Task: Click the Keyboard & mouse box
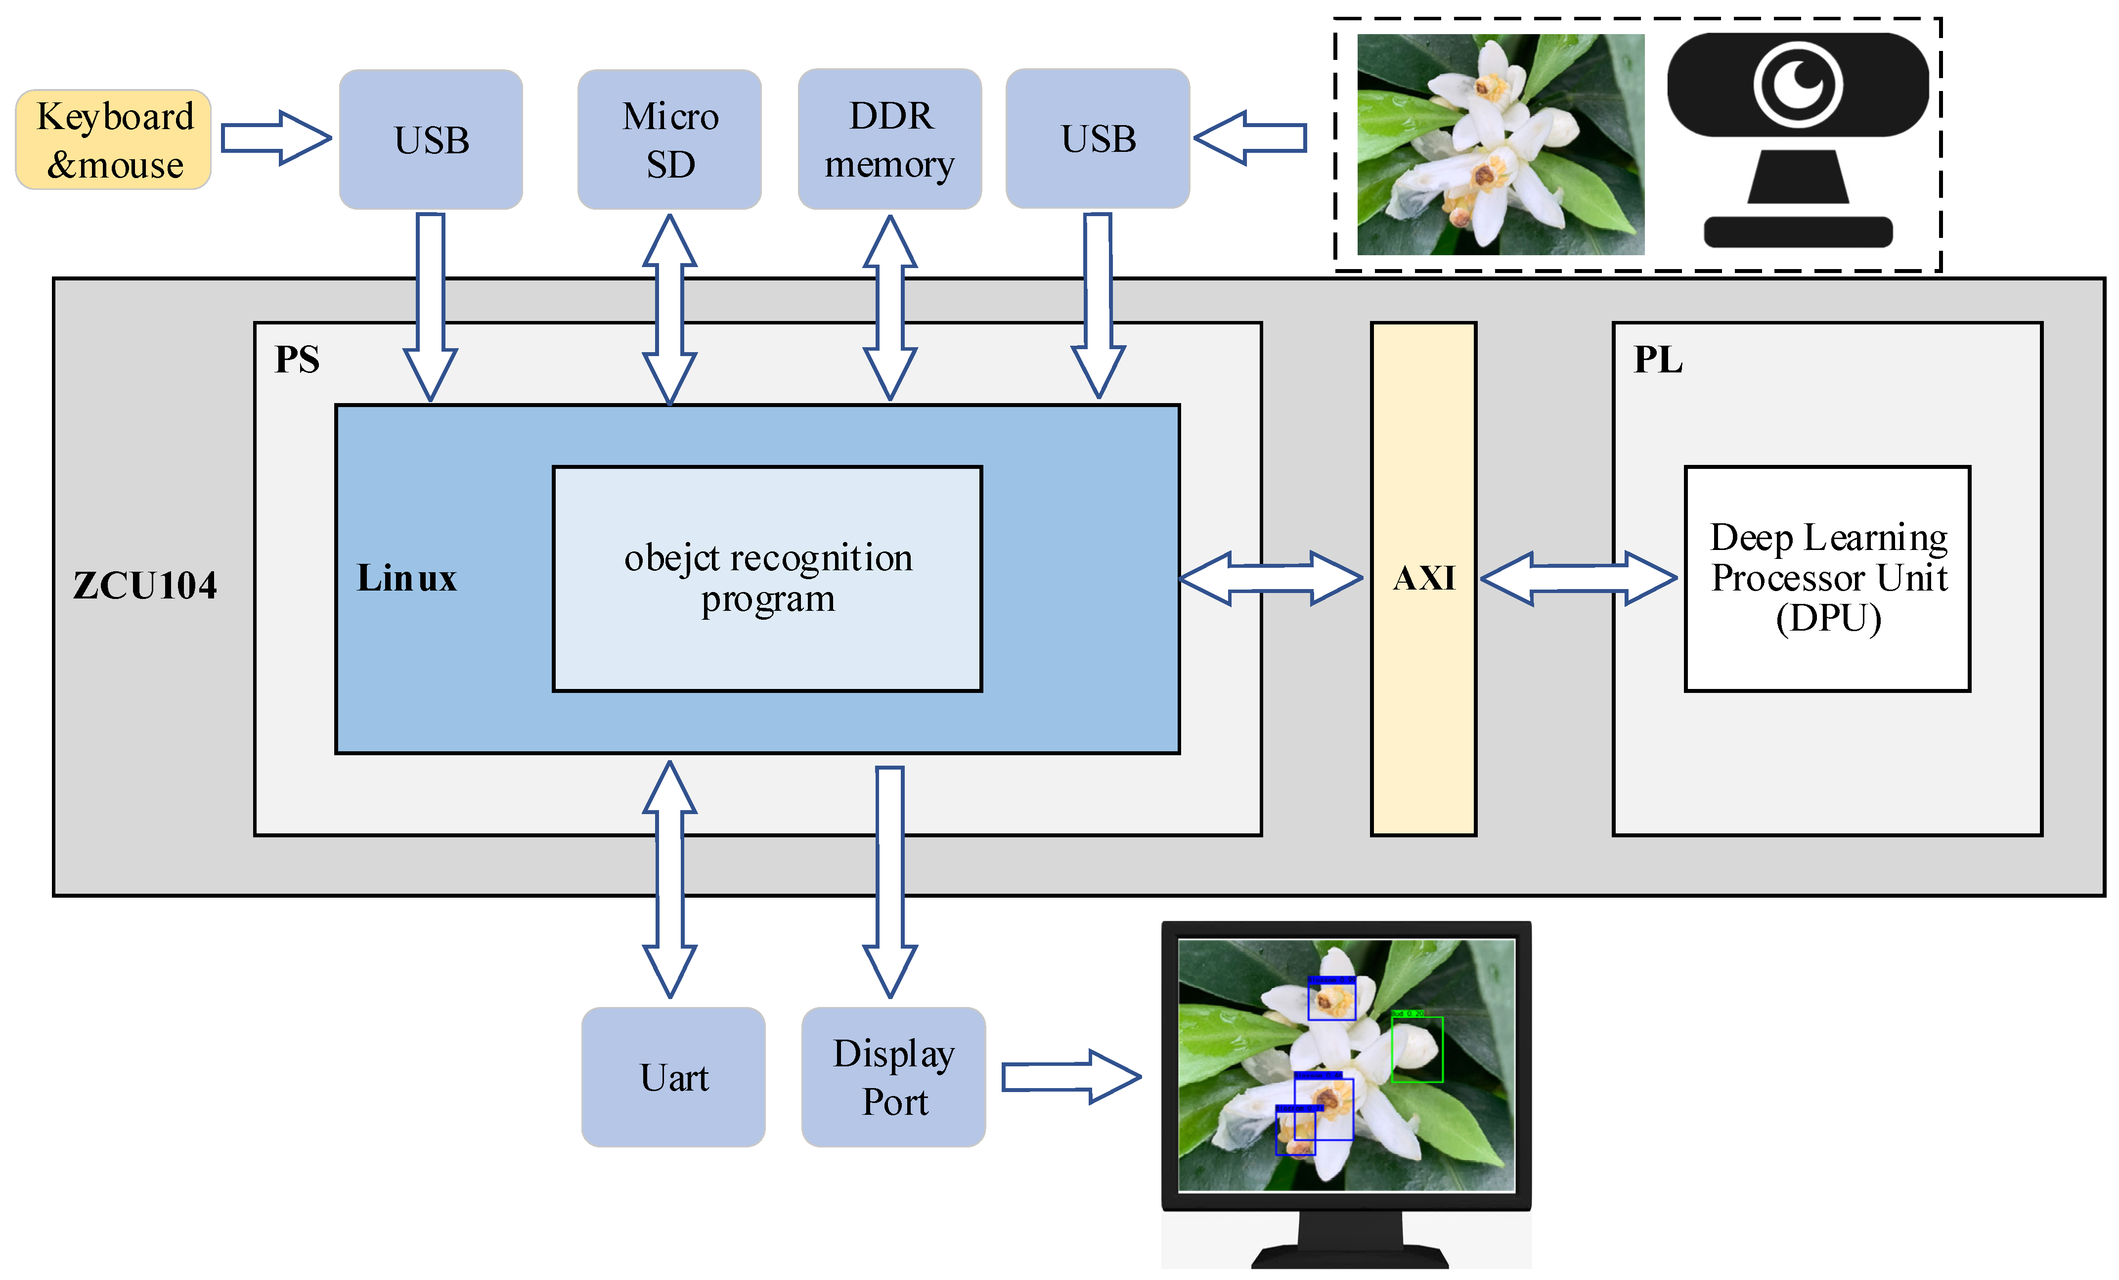[114, 139]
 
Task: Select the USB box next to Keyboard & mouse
[431, 139]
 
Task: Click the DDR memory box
[889, 139]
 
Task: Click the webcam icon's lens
[1797, 84]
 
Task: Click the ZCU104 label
[144, 586]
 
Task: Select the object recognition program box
[767, 578]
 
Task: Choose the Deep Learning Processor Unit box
[1827, 578]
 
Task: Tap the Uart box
[673, 1077]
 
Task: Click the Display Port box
[893, 1077]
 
